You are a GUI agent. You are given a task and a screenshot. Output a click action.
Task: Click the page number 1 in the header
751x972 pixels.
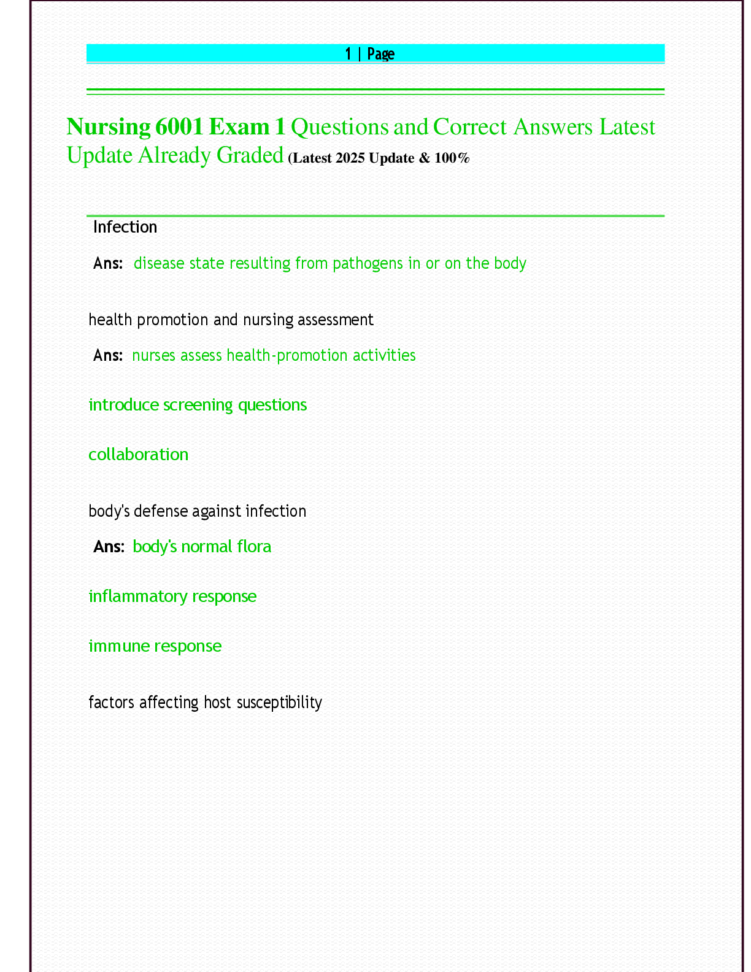[348, 54]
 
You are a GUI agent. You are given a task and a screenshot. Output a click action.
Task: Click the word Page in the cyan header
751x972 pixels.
[380, 54]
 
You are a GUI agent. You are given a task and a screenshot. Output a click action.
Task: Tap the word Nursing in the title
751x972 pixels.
[108, 127]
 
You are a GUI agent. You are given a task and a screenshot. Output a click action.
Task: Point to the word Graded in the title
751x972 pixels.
[250, 155]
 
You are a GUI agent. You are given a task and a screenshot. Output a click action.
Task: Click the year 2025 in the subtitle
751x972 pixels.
[350, 158]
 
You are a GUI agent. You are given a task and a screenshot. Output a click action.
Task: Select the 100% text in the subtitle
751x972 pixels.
[452, 158]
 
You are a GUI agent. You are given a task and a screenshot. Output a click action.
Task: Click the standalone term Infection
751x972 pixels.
[125, 227]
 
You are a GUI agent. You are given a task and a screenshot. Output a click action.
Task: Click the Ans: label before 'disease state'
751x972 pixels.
[108, 263]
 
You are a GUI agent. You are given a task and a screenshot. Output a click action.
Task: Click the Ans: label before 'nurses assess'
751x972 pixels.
[108, 355]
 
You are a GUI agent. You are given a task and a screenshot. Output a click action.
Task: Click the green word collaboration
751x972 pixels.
[139, 455]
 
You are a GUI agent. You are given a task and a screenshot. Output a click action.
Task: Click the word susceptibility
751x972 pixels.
[279, 702]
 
